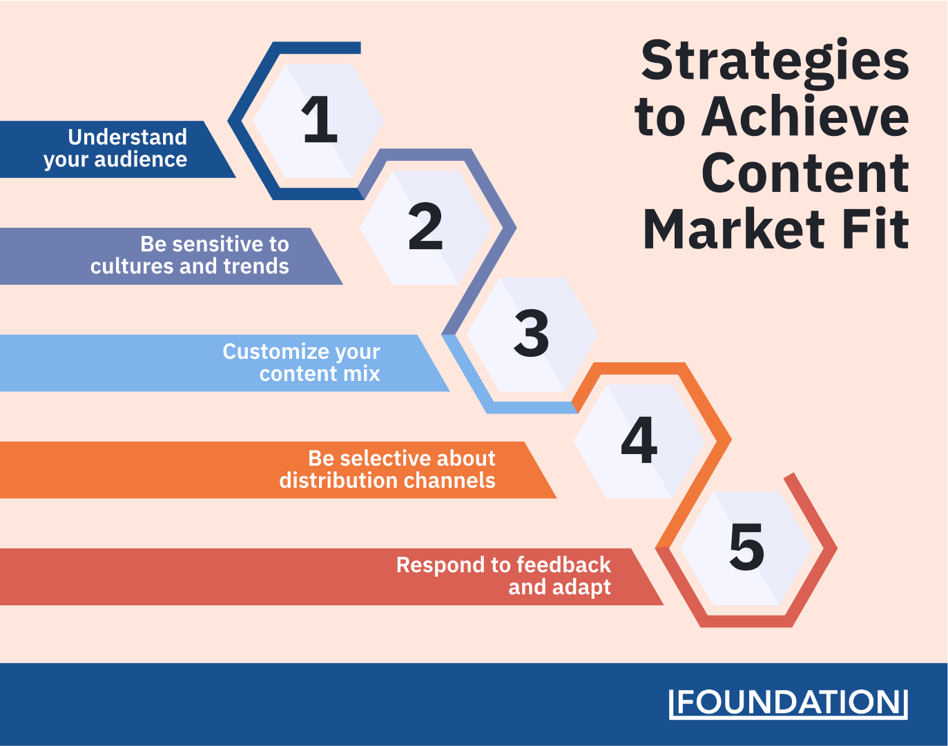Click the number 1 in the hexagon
[x=320, y=119]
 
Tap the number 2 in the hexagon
[x=425, y=226]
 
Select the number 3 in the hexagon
[x=532, y=333]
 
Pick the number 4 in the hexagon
[x=639, y=440]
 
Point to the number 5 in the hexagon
[x=746, y=547]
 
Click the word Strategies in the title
[x=775, y=61]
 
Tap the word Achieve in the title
[x=805, y=116]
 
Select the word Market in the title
[x=733, y=229]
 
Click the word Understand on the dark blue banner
[x=127, y=137]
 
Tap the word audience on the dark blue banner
[x=141, y=159]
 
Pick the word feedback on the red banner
[x=563, y=565]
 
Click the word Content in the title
[x=805, y=173]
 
